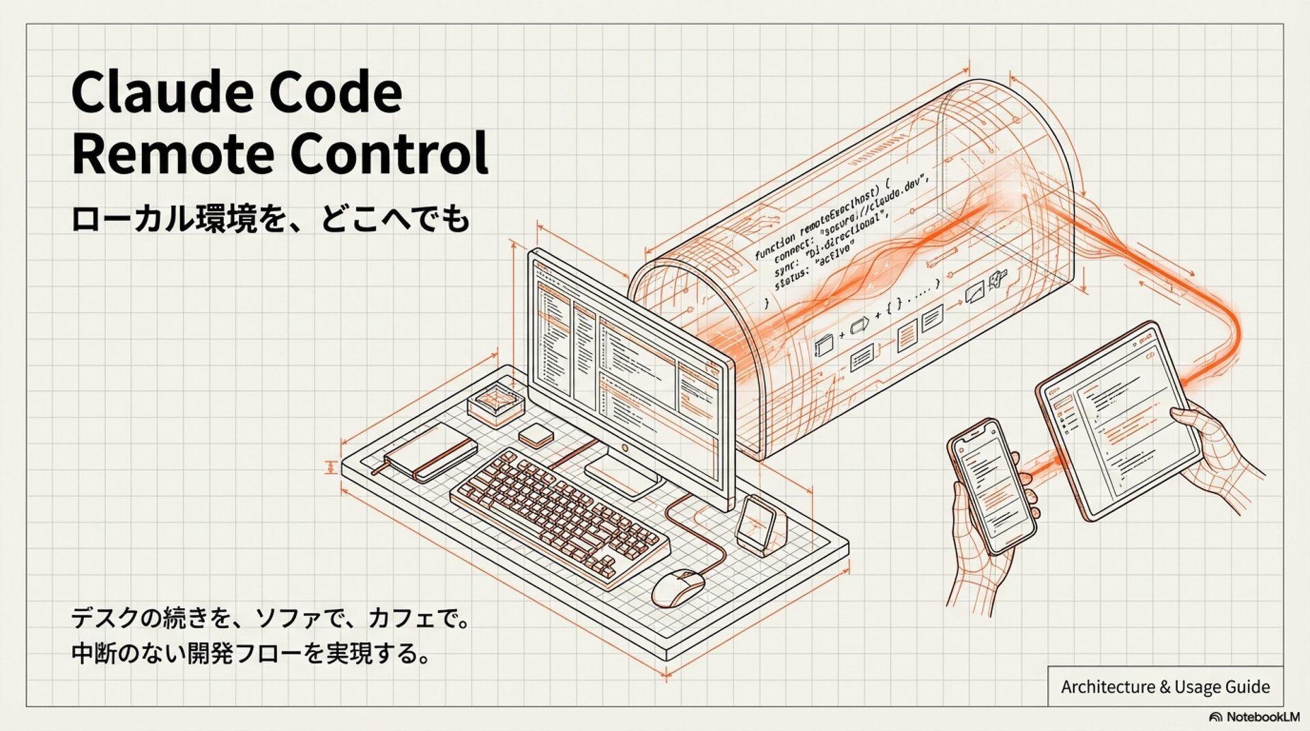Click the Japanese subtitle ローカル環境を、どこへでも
pyautogui.click(x=270, y=219)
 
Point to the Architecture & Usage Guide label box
pyautogui.click(x=1165, y=687)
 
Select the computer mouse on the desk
pyautogui.click(x=678, y=586)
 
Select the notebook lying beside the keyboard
pyautogui.click(x=431, y=451)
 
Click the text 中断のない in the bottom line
pyautogui.click(x=129, y=653)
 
